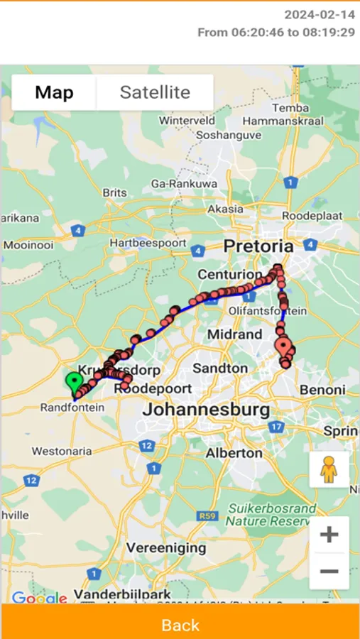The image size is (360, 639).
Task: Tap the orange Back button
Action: (x=180, y=624)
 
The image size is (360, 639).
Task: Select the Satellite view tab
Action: (x=155, y=92)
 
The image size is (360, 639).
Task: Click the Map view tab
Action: (x=54, y=92)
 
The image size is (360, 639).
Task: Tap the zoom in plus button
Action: (x=329, y=534)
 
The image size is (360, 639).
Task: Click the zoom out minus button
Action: (x=329, y=571)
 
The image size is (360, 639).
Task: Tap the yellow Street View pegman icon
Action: (x=329, y=469)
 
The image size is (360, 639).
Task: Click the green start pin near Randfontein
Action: (x=74, y=381)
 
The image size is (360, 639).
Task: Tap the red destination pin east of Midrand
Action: (x=284, y=348)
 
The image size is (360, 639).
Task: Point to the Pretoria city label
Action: (x=258, y=246)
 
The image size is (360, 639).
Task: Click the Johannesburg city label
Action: (x=206, y=410)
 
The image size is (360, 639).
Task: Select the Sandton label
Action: (x=220, y=368)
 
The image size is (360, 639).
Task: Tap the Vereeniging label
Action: (x=166, y=548)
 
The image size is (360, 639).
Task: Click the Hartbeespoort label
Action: (x=148, y=243)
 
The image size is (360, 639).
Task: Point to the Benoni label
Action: (x=322, y=390)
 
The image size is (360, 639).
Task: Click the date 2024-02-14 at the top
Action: (x=320, y=14)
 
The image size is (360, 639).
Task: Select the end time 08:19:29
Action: (x=329, y=33)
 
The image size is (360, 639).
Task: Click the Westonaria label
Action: (x=62, y=451)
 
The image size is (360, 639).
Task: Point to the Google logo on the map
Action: (x=39, y=598)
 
